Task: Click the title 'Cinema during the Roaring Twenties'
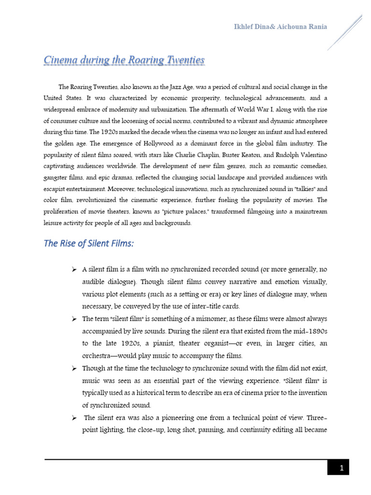coord(124,60)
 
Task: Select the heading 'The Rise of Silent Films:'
coord(88,244)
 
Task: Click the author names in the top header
coord(280,27)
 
